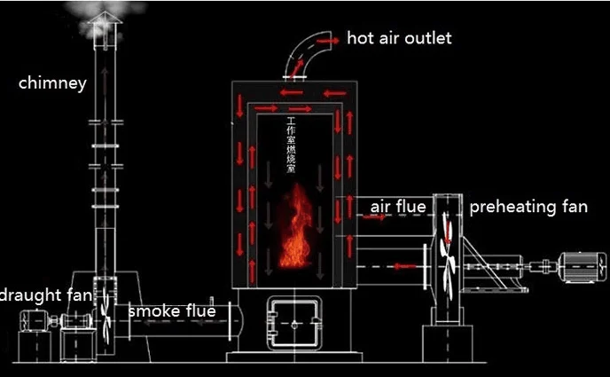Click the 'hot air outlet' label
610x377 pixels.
[398, 38]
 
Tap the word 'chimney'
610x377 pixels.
[52, 84]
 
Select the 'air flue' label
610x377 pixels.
[398, 208]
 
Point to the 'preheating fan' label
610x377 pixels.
[528, 208]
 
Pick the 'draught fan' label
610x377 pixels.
[44, 295]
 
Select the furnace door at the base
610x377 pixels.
[293, 323]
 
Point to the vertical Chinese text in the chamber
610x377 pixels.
[290, 143]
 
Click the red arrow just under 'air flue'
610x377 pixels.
[376, 218]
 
